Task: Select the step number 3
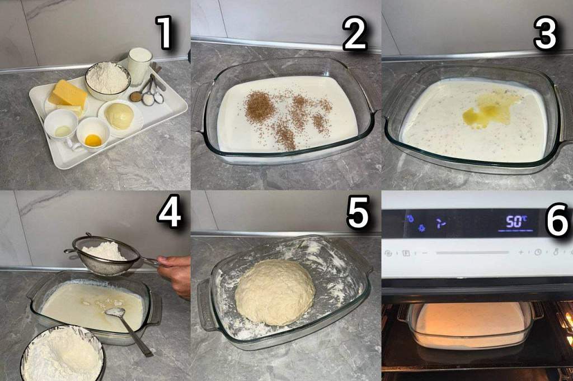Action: coord(545,33)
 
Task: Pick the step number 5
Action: coord(358,212)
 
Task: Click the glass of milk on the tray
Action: coord(139,65)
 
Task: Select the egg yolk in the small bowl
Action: coord(93,140)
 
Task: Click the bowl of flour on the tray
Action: coord(108,80)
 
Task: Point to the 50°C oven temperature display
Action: coord(516,222)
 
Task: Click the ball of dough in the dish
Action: coord(274,292)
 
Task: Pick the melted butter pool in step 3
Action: coord(490,109)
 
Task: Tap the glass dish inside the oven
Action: coord(471,325)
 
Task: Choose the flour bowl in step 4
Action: coord(63,353)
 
